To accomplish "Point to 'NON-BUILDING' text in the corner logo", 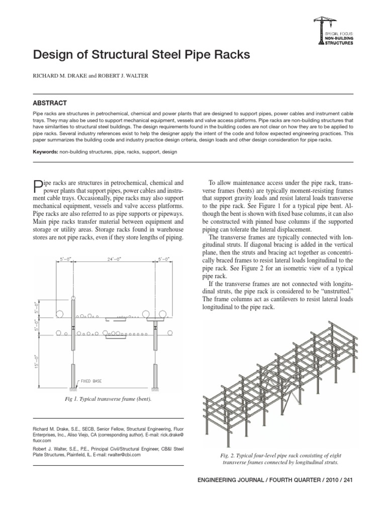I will pos(340,37).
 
